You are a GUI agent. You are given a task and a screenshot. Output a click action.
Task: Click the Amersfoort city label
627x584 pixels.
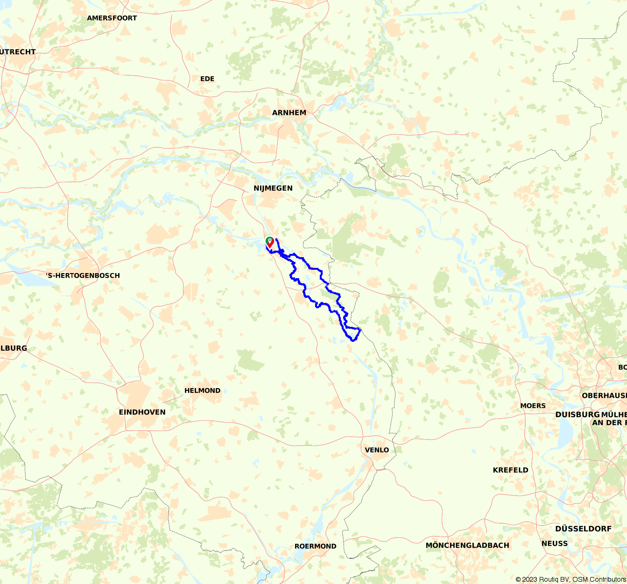112,18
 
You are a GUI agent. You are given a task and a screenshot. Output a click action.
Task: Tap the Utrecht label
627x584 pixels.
18,52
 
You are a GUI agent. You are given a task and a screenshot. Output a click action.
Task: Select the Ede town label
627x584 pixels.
207,79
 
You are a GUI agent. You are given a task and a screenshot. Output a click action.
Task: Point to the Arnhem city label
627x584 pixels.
289,113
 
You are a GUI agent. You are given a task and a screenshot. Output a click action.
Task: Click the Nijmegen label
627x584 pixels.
273,188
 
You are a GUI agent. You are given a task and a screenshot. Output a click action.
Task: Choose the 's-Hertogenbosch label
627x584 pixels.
83,275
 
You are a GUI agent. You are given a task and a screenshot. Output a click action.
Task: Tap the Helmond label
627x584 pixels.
202,390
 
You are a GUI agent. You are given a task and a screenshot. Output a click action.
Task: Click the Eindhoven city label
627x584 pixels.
142,412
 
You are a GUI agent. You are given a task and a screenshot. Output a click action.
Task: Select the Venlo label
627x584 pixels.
377,450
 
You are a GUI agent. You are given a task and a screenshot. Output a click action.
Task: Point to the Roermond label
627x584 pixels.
315,546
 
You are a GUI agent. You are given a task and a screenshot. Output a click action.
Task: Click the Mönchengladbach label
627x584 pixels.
467,545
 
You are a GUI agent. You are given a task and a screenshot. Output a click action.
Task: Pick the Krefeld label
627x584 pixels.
511,470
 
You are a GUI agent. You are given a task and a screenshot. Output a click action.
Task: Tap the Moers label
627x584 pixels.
533,405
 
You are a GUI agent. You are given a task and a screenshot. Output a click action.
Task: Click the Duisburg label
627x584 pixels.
577,415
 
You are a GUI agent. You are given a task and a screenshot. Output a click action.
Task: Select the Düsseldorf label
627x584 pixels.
583,529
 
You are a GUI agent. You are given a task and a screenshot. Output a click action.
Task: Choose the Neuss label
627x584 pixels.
555,543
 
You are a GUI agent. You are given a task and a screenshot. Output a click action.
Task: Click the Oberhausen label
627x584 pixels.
604,396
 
